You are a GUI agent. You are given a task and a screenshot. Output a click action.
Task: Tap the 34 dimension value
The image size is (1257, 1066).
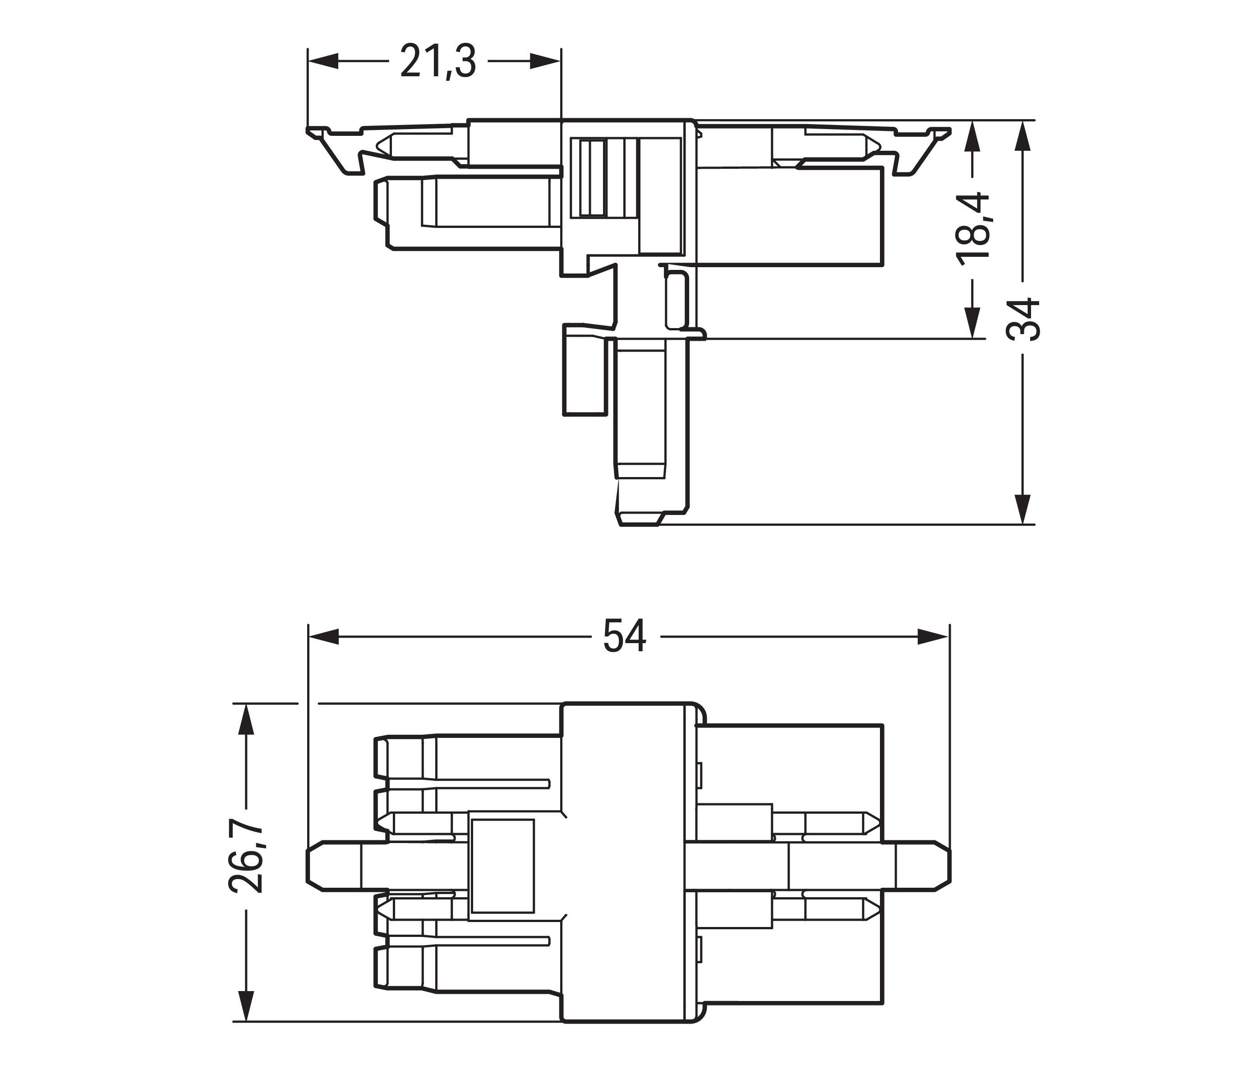click(x=1022, y=320)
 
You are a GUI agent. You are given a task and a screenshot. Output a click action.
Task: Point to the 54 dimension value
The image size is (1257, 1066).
click(x=625, y=636)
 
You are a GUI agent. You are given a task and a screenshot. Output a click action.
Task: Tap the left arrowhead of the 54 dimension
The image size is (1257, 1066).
click(x=323, y=636)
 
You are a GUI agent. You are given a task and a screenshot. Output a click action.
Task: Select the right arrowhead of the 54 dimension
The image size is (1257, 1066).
click(x=933, y=636)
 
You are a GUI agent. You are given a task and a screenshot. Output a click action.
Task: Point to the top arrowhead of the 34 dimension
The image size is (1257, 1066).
click(x=1022, y=135)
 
